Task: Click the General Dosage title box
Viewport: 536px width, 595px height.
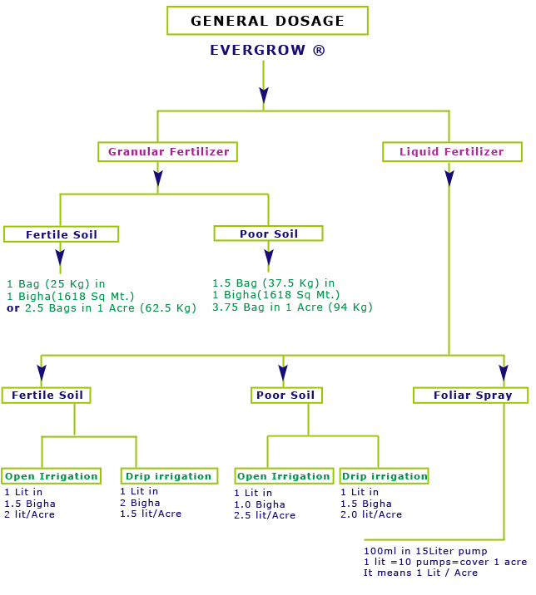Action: point(267,21)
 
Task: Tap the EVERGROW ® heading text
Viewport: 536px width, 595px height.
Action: point(267,51)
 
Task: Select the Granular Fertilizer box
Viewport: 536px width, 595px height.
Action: point(168,152)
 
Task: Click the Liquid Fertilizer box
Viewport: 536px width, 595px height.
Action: point(452,152)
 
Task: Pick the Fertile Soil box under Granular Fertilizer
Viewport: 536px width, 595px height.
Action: point(61,234)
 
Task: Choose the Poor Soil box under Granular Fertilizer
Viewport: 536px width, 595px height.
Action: point(268,234)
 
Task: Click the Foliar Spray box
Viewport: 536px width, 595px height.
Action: point(472,396)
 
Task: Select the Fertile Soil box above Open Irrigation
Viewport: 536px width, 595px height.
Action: point(47,395)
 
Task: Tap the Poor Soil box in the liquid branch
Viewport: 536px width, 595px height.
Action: point(285,395)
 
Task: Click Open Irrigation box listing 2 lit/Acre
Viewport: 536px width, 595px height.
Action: point(51,476)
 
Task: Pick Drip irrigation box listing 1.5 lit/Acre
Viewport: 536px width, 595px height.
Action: point(169,476)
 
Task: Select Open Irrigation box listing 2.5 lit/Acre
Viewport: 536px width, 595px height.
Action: point(284,476)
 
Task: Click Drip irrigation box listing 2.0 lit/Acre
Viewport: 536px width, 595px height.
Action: point(384,476)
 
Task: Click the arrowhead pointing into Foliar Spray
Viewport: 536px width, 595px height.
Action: point(504,372)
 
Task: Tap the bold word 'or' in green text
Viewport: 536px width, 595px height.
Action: point(12,308)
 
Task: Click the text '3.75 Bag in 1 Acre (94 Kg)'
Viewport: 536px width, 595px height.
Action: point(292,307)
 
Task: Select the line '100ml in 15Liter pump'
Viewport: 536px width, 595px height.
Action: point(425,551)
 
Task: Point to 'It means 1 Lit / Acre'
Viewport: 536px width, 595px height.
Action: point(420,573)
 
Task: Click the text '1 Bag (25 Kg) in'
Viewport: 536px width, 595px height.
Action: point(56,284)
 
